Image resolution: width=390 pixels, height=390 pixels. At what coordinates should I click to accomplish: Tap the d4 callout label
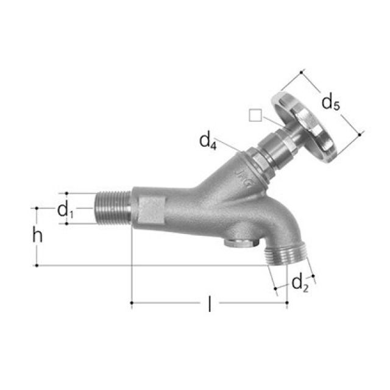tap(208, 141)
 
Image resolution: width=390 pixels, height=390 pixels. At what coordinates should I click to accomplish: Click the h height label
tap(38, 235)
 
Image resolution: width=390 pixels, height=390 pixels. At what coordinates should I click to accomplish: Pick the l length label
tap(210, 303)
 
